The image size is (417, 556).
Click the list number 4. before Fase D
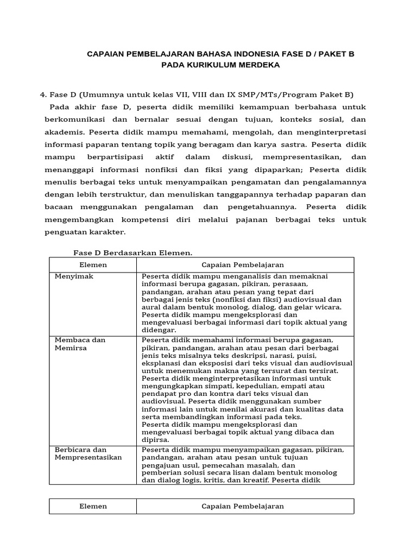[x=43, y=94]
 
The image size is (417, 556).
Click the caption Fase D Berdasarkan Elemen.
[x=132, y=252]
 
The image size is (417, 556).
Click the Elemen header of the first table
[x=93, y=264]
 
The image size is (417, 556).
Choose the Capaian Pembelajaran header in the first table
[x=243, y=264]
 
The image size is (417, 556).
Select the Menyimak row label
[x=74, y=276]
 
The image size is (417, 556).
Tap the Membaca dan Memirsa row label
[x=80, y=344]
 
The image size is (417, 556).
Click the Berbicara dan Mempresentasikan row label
[x=88, y=453]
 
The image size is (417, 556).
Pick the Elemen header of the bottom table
[x=93, y=506]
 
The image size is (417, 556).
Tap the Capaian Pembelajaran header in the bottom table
[x=243, y=506]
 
